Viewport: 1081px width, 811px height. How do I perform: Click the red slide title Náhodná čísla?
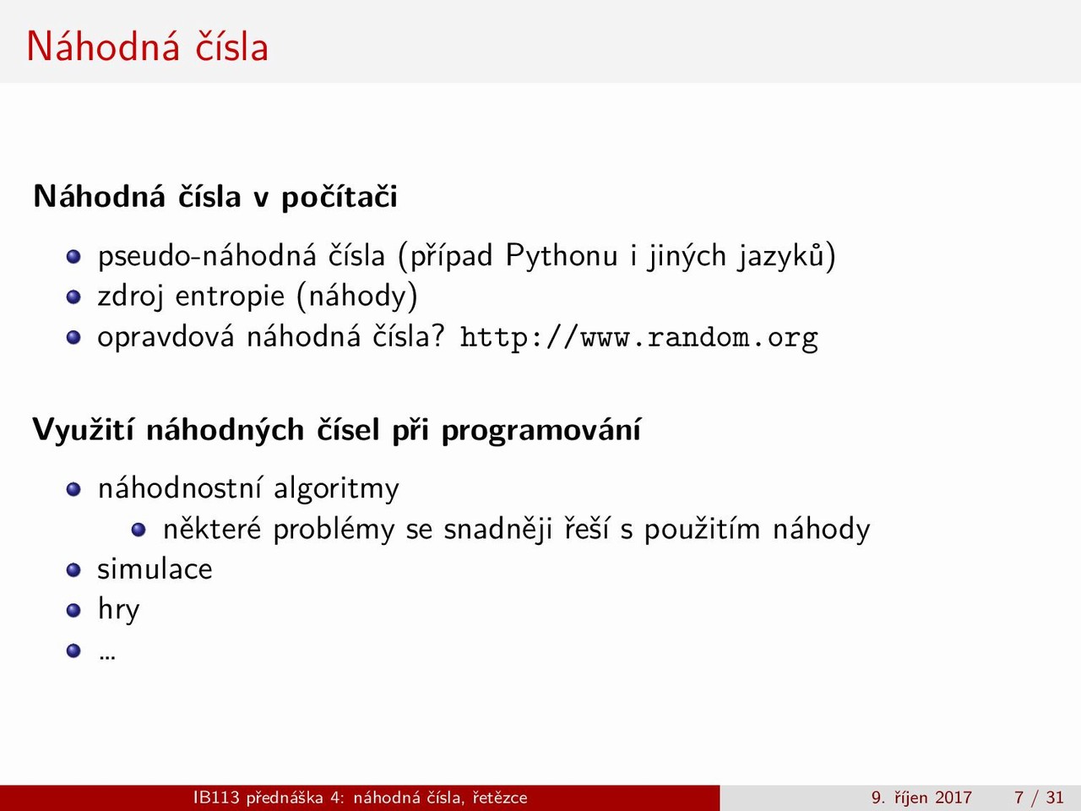[x=147, y=46]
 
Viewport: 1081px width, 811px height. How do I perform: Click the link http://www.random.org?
[x=638, y=339]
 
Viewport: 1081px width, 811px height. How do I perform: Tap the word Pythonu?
[x=562, y=257]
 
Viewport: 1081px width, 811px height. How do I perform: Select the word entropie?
[x=230, y=297]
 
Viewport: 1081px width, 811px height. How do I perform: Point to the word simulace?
[x=155, y=569]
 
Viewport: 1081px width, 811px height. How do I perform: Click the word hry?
[x=119, y=611]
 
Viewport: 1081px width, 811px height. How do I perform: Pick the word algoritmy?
[x=336, y=490]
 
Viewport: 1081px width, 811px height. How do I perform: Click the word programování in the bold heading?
[x=540, y=430]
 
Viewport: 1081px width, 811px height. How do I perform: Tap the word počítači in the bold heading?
[x=340, y=197]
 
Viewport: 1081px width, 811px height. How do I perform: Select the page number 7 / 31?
[x=1039, y=797]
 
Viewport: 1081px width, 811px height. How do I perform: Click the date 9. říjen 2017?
[x=921, y=797]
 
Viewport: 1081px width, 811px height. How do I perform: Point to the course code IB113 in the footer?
[x=216, y=797]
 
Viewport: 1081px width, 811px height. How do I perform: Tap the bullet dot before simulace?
[x=73, y=569]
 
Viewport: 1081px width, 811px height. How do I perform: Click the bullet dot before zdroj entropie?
[x=73, y=297]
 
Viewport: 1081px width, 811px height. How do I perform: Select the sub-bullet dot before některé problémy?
[x=139, y=530]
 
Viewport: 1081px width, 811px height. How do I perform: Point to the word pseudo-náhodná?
[x=207, y=257]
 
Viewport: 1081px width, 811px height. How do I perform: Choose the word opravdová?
[x=166, y=338]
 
